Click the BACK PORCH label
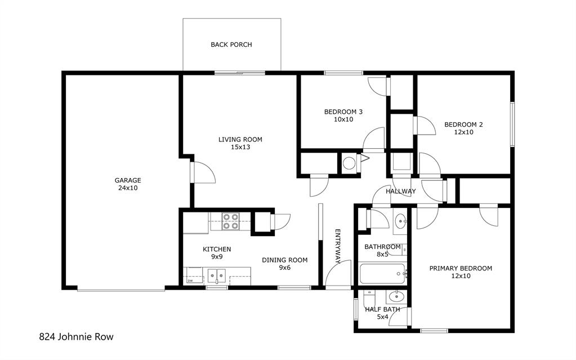pos(231,45)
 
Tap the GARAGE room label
pos(127,180)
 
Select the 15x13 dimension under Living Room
pos(240,147)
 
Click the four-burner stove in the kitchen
pos(229,221)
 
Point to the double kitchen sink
pos(217,276)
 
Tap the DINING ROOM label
pos(284,260)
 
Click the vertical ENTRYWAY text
pos(338,247)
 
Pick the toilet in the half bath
pos(368,296)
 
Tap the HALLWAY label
pos(400,191)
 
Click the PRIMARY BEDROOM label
pos(461,268)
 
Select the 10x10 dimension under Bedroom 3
pos(343,119)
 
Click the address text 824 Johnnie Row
pos(76,337)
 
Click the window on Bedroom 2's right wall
pos(512,124)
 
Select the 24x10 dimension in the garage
pos(127,188)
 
